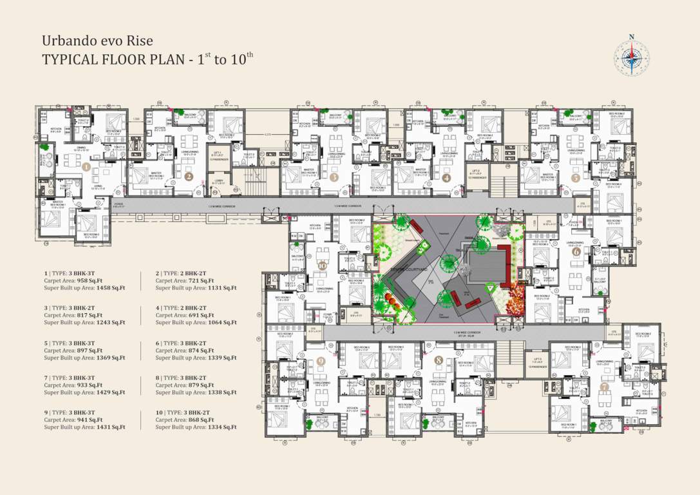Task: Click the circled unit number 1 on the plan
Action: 86,168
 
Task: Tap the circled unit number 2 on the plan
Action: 189,176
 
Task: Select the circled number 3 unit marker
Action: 334,176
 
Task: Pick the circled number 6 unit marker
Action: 575,252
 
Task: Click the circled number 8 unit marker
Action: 439,359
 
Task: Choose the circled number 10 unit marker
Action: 323,265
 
